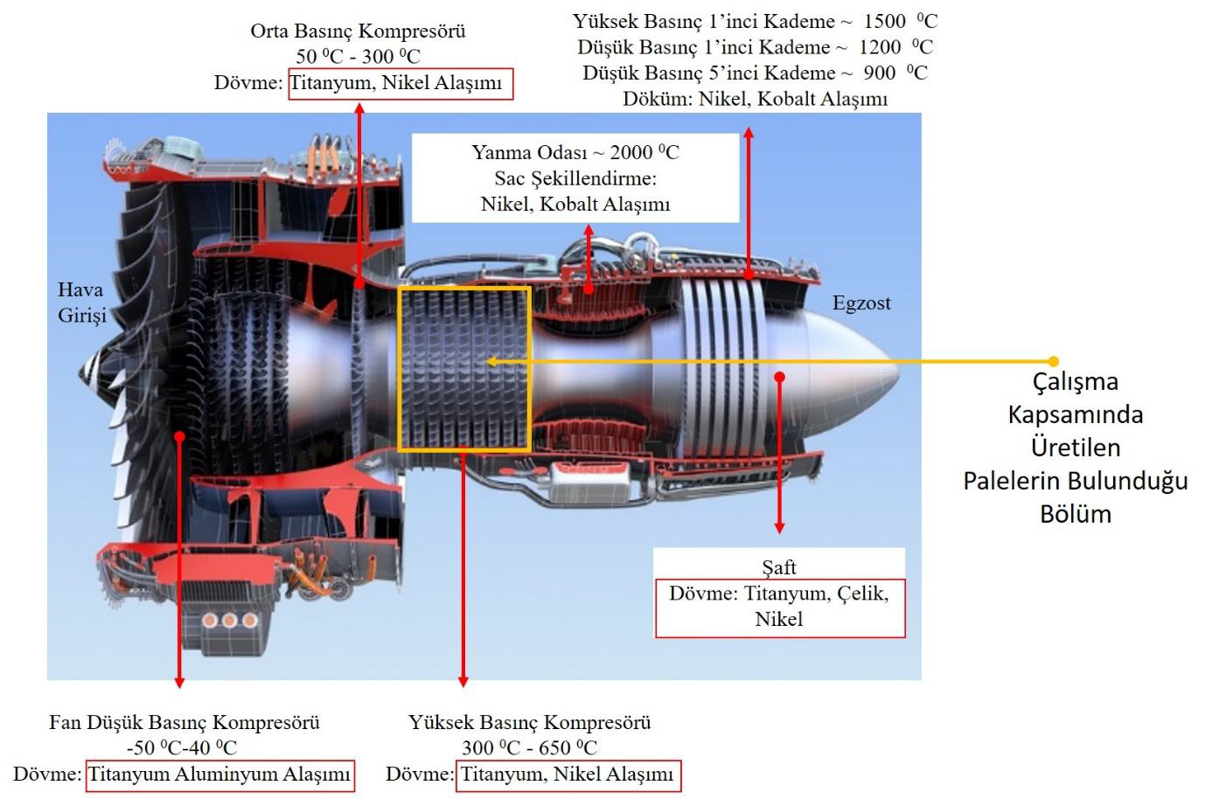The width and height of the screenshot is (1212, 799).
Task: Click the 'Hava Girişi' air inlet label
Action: pos(81,302)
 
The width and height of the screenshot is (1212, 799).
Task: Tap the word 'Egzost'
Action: pos(860,303)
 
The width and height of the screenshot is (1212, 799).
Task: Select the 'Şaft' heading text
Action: pos(778,567)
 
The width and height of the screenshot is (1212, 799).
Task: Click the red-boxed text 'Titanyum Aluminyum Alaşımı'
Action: pos(219,775)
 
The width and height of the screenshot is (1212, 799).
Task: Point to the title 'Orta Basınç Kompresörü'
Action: pos(358,31)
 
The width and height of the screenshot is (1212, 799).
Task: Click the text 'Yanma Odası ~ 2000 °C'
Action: pos(575,152)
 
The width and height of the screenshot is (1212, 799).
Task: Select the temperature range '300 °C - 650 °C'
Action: pos(529,747)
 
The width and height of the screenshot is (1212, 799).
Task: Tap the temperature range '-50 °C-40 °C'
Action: pos(182,747)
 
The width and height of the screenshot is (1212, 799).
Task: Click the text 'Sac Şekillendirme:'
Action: pos(575,178)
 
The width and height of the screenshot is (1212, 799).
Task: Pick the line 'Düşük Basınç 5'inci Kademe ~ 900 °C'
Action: pos(755,73)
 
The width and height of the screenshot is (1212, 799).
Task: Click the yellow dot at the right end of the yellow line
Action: pos(1053,361)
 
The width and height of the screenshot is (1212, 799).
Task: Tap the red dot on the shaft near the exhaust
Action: pos(780,377)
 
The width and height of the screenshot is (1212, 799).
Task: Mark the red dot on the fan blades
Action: pos(179,435)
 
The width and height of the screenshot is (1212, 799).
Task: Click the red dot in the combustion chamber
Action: pos(589,288)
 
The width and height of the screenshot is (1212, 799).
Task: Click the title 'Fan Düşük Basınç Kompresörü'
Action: pos(185,722)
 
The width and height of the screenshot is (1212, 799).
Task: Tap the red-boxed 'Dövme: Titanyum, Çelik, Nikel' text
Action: pos(778,606)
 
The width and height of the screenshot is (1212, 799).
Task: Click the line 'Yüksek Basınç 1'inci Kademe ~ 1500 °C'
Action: pos(755,21)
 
